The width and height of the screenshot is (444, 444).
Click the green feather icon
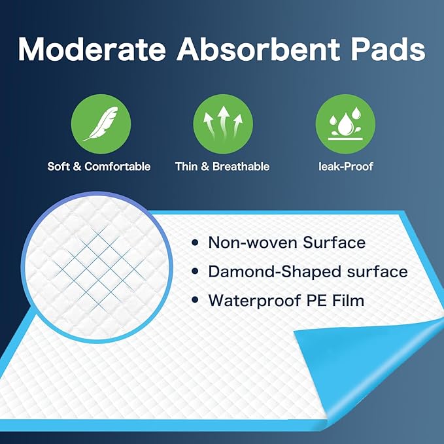[x=100, y=124]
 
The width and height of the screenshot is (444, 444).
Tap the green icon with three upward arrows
[x=222, y=124]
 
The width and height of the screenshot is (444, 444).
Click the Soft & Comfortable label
[x=99, y=167]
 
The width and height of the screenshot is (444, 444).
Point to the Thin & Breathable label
[x=222, y=167]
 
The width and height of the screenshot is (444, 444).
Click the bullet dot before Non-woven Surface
[x=195, y=243]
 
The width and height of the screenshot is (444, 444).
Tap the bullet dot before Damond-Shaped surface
[x=195, y=272]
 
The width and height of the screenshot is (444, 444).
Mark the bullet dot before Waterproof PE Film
[x=195, y=301]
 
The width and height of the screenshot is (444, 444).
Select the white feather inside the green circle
[x=100, y=124]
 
